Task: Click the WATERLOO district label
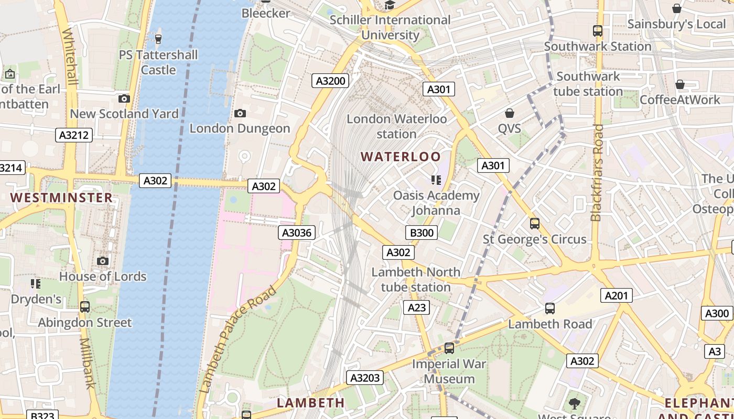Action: (401, 157)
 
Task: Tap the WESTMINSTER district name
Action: (61, 197)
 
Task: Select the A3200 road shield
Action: (331, 81)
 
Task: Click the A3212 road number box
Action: (74, 135)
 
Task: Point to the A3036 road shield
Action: (297, 233)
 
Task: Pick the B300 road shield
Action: (422, 233)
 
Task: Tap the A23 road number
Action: (417, 307)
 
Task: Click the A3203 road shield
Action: (365, 378)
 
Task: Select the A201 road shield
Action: (616, 295)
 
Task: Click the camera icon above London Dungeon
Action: (240, 113)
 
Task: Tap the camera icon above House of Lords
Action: (103, 261)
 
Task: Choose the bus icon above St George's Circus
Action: (535, 224)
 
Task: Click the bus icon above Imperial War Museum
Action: (449, 348)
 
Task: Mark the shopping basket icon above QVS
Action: (509, 113)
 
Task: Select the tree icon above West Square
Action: (575, 403)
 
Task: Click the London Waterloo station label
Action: (397, 126)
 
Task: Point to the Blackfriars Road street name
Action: (597, 173)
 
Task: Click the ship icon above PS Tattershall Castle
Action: (158, 39)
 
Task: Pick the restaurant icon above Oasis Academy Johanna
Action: (436, 180)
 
